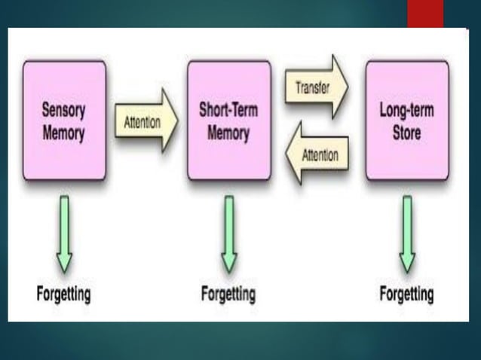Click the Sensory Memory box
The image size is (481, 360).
pyautogui.click(x=64, y=121)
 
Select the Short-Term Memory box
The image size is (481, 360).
pyautogui.click(x=228, y=121)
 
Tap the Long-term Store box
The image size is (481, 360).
pyautogui.click(x=406, y=121)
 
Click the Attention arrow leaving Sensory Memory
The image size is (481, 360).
pyautogui.click(x=146, y=121)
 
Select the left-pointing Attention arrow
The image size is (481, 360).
pyautogui.click(x=317, y=155)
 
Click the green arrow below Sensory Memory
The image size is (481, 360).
pyautogui.click(x=64, y=234)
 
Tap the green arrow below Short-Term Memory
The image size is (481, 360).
pyautogui.click(x=228, y=234)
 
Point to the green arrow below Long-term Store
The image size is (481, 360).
pyautogui.click(x=407, y=234)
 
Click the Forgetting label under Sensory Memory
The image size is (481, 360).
pyautogui.click(x=64, y=293)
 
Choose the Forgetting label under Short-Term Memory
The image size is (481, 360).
pyautogui.click(x=228, y=293)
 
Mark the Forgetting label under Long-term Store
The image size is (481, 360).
pyautogui.click(x=407, y=293)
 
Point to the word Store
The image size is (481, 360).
pyautogui.click(x=406, y=134)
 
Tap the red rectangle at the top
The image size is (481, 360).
pyautogui.click(x=426, y=14)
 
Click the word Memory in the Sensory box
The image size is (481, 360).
pyautogui.click(x=64, y=134)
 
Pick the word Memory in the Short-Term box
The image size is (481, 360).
pyautogui.click(x=228, y=134)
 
